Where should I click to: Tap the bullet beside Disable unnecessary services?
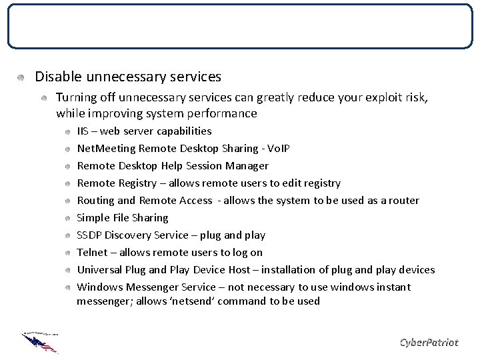click(21, 78)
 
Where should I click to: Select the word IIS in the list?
click(83, 131)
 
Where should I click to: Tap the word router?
click(403, 201)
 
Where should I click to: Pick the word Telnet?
click(92, 253)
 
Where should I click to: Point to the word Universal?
click(100, 270)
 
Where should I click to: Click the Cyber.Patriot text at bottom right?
click(429, 343)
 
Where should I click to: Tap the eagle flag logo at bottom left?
click(40, 342)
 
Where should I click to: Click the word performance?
click(225, 114)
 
